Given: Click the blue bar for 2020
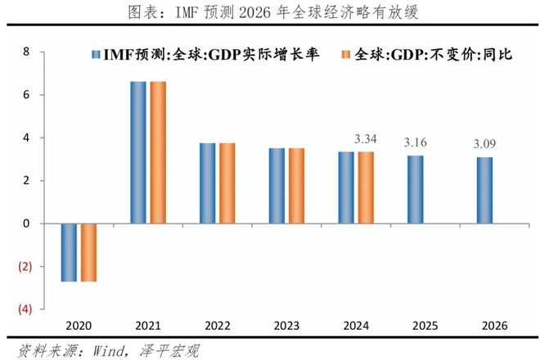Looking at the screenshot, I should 70,252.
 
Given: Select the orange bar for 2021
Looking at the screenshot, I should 158,152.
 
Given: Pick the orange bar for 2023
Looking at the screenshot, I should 297,185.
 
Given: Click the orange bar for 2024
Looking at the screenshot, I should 366,187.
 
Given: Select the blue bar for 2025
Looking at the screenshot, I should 416,189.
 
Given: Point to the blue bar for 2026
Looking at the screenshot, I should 485,190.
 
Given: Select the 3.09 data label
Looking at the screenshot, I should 485,146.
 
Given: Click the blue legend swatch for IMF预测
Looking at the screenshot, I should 97,55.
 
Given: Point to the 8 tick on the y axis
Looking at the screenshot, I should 25,52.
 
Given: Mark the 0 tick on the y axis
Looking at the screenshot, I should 25,223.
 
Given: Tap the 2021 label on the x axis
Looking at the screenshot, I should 148,325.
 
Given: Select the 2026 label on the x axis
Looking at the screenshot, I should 494,325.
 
